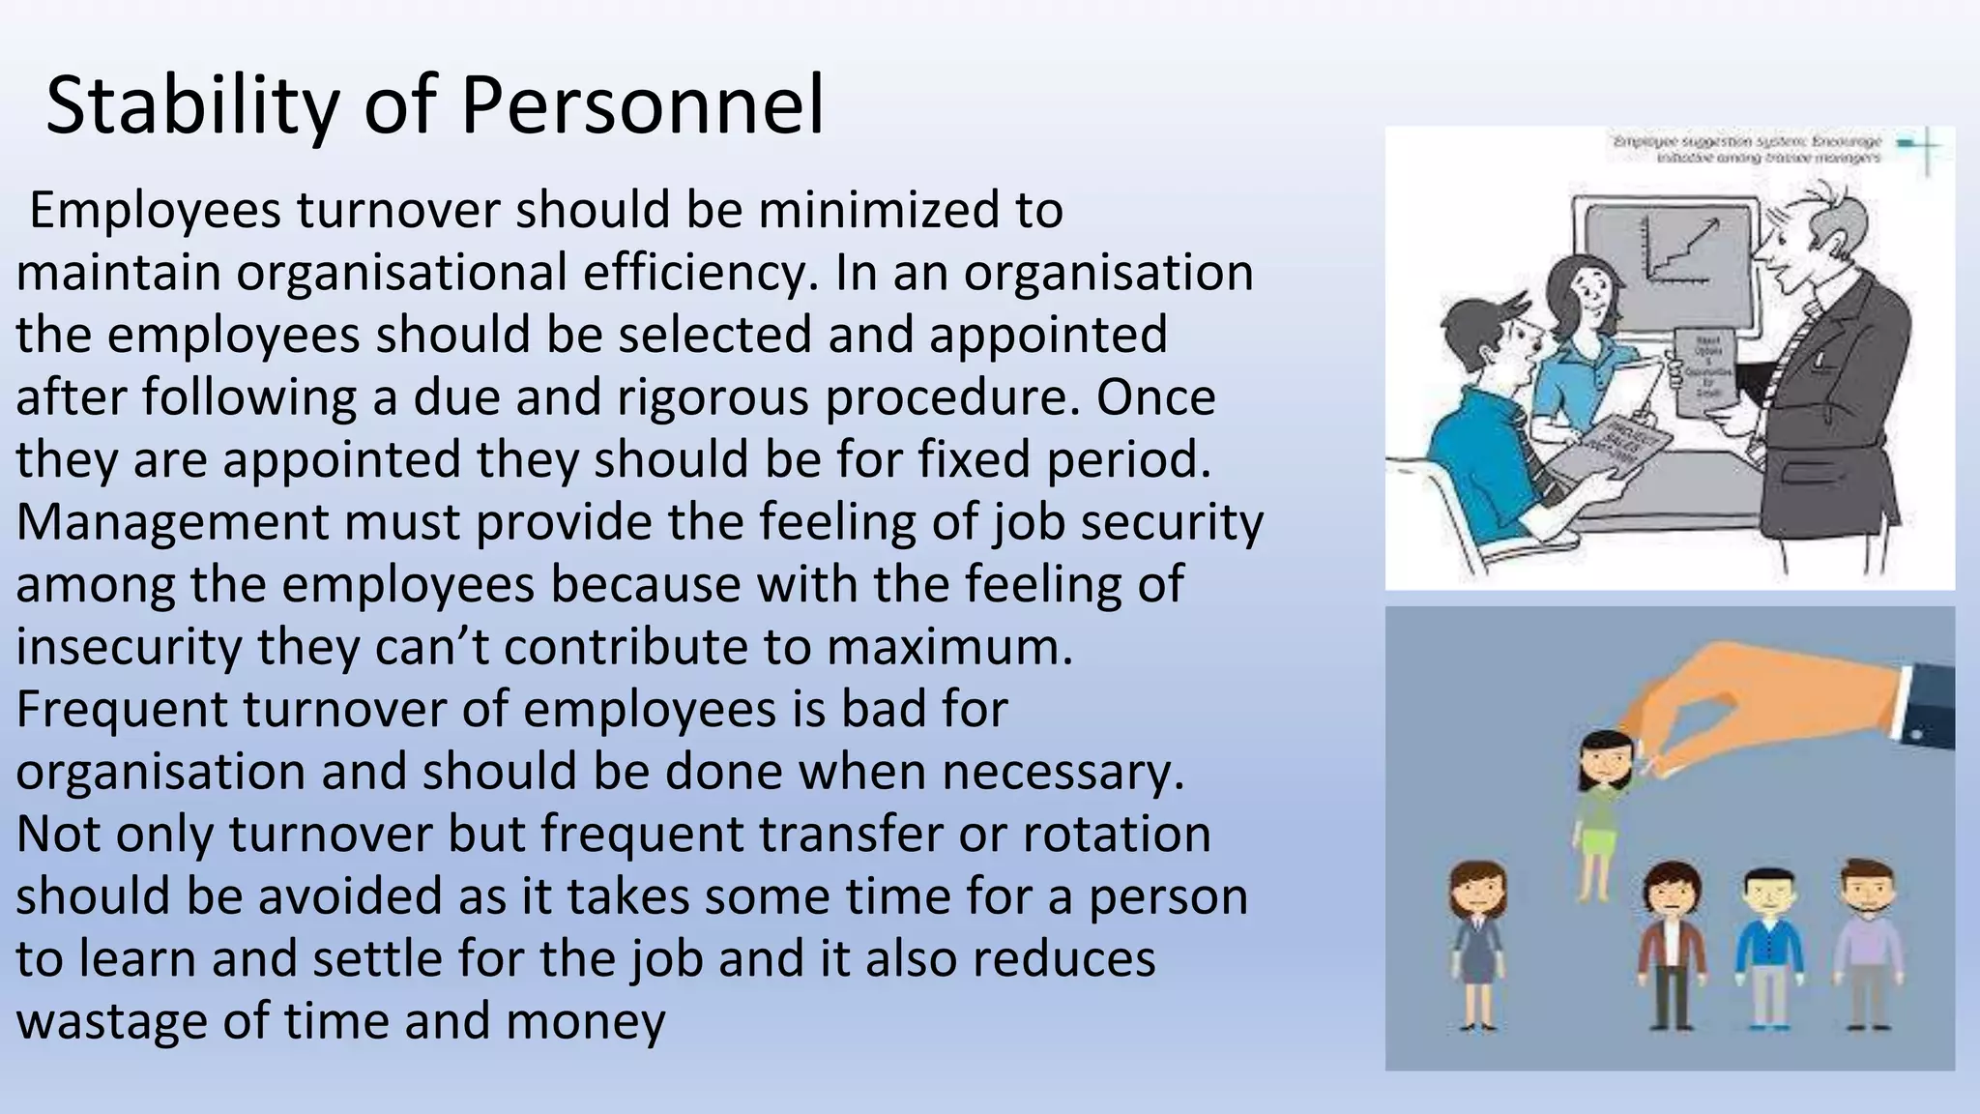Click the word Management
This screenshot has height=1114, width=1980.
pyautogui.click(x=172, y=522)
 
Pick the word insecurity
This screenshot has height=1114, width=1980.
pyautogui.click(x=129, y=647)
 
